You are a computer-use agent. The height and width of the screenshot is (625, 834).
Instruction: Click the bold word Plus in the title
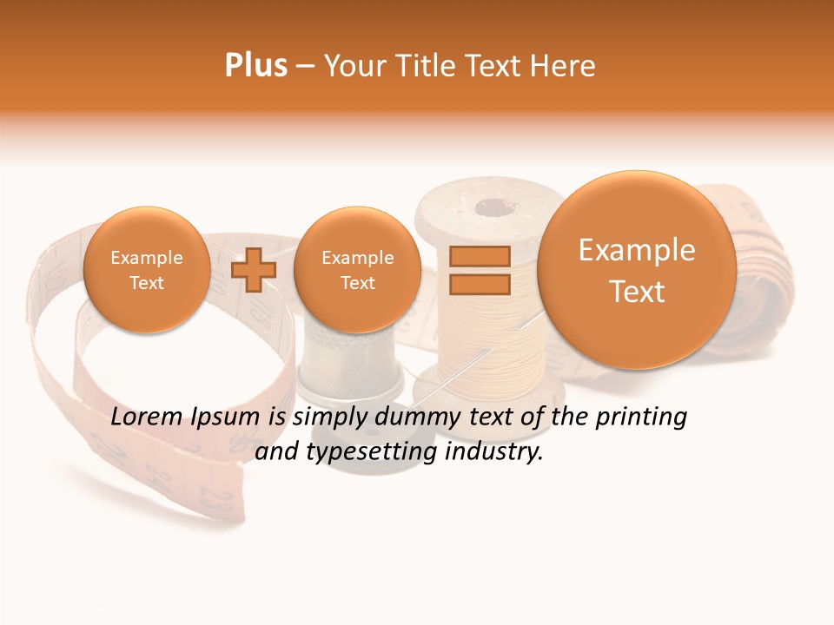255,66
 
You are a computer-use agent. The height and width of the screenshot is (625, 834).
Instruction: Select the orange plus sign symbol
254,269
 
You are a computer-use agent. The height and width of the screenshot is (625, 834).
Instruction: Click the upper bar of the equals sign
479,256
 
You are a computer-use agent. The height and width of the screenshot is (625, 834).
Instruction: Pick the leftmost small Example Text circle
146,269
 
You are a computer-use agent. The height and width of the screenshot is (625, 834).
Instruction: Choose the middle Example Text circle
357,269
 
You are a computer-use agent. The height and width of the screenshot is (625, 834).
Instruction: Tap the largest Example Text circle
637,270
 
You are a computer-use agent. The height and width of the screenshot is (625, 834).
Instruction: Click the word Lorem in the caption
147,418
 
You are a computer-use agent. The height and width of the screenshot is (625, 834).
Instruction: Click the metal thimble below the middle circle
348,365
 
